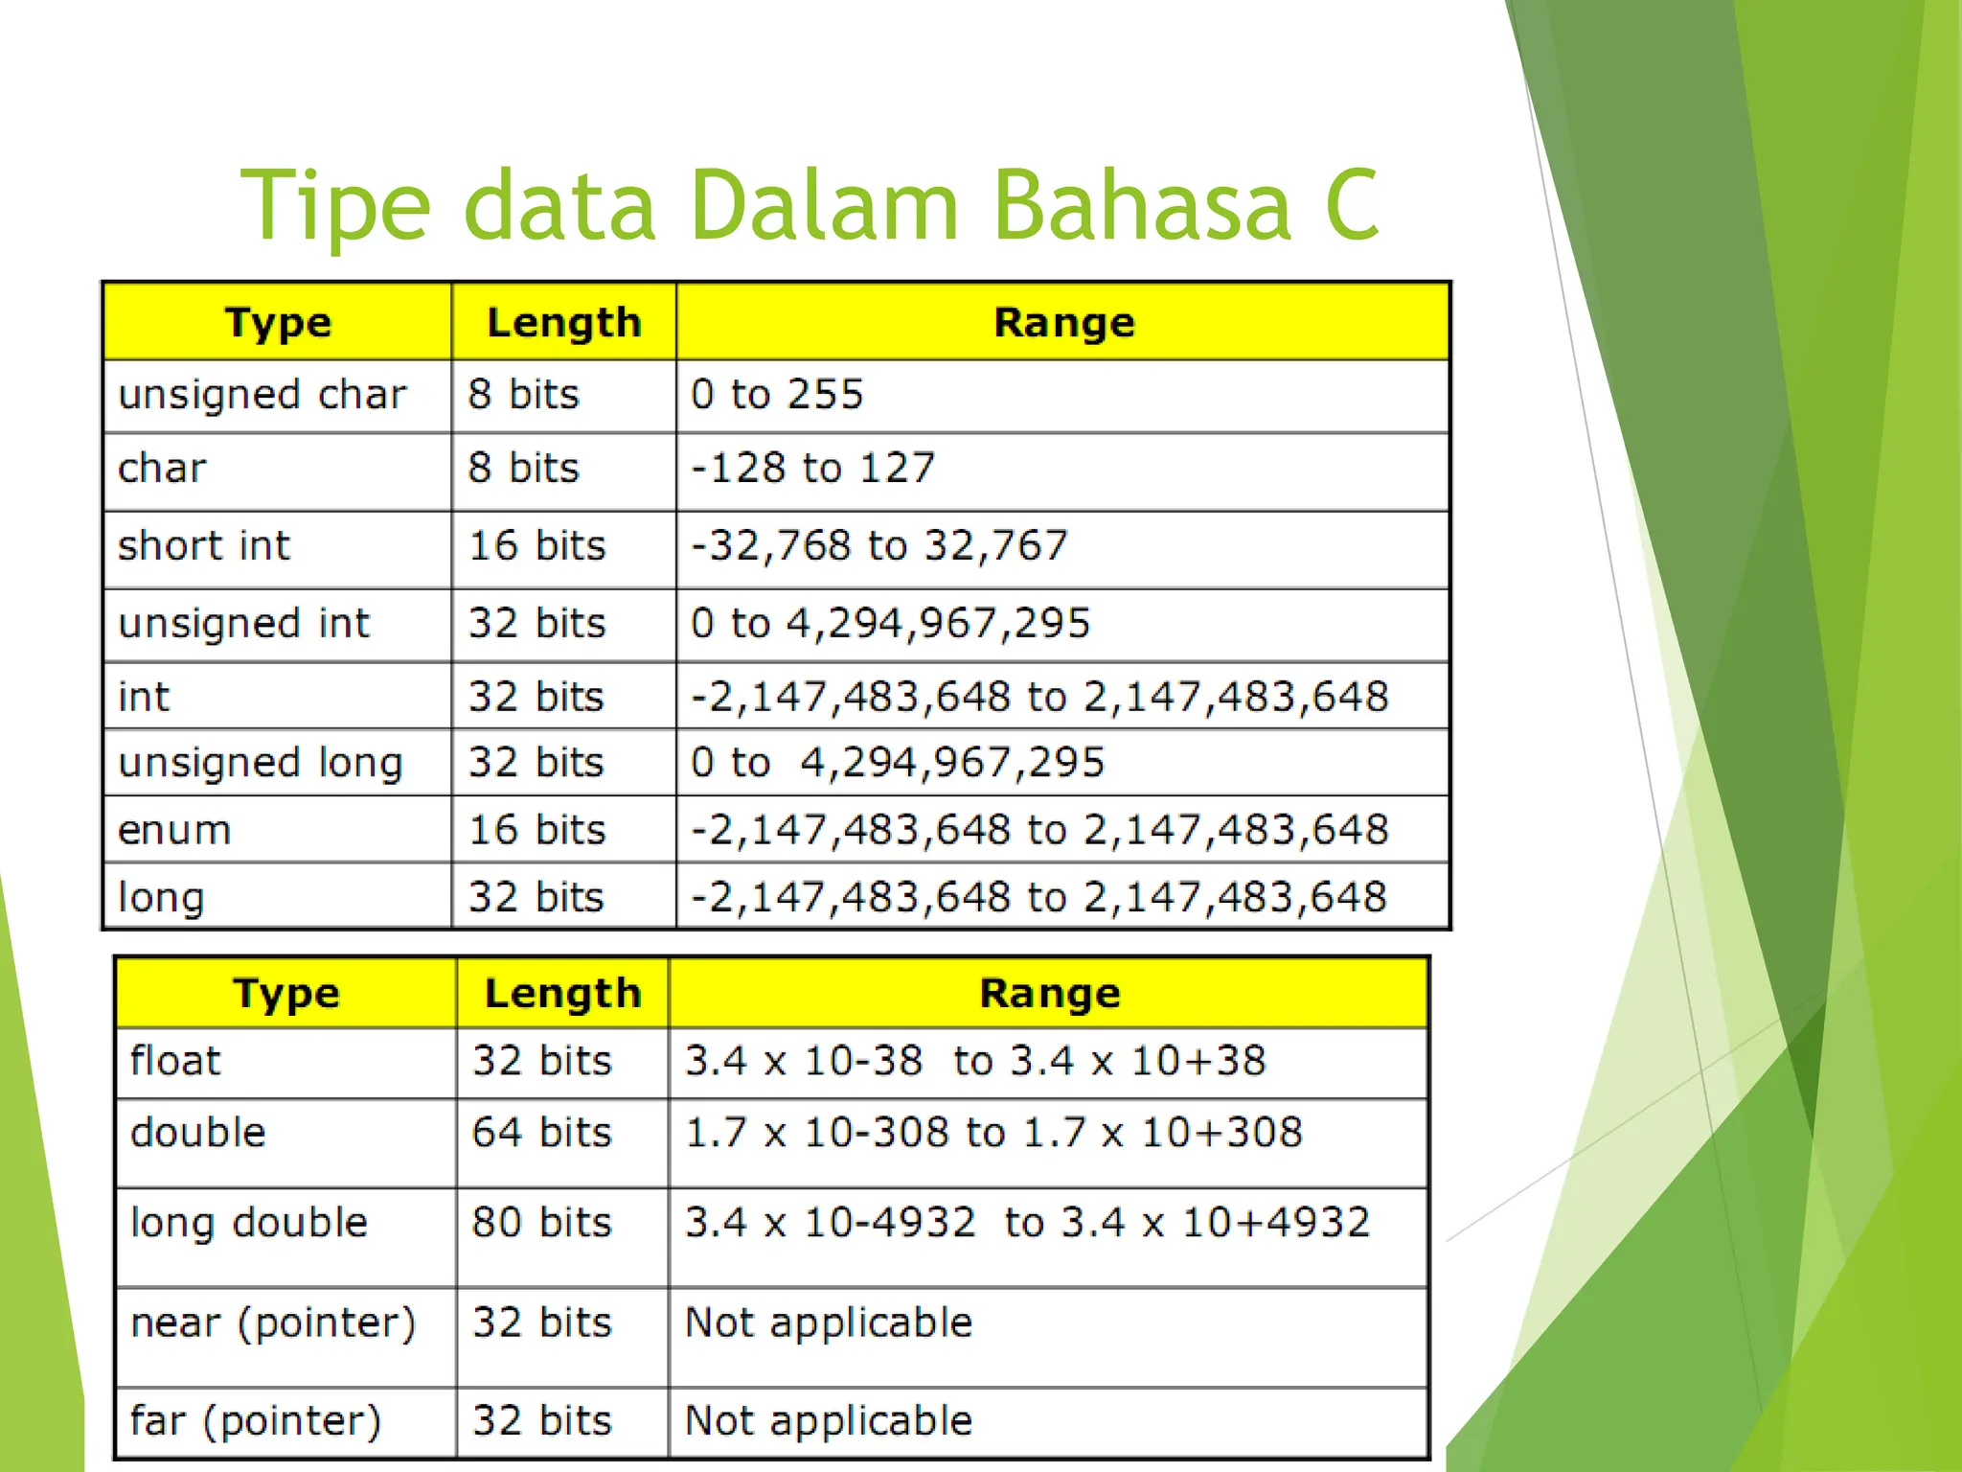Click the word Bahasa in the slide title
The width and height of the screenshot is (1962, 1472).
click(x=1141, y=205)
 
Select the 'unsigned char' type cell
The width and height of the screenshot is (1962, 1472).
click(x=262, y=395)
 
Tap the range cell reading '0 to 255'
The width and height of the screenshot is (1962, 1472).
click(x=777, y=395)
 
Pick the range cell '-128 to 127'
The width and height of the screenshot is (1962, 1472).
click(x=812, y=469)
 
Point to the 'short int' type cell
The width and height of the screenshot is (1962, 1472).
click(x=203, y=546)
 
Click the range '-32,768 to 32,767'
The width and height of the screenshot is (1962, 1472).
click(x=878, y=546)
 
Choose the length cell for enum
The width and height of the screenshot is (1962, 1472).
click(x=536, y=830)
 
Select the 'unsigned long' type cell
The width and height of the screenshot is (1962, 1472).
click(x=260, y=764)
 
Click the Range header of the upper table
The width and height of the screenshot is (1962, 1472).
click(x=1063, y=323)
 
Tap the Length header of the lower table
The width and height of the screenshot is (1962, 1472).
click(x=562, y=994)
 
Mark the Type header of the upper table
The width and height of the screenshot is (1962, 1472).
click(x=278, y=323)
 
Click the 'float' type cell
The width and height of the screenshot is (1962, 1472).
click(x=175, y=1062)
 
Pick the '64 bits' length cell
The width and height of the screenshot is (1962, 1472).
click(x=541, y=1133)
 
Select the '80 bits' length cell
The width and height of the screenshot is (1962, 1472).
click(x=541, y=1223)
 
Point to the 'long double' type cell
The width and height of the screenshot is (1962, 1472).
click(x=248, y=1224)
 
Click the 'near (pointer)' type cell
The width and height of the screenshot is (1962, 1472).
click(x=273, y=1323)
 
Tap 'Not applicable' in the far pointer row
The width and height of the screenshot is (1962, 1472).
click(x=829, y=1421)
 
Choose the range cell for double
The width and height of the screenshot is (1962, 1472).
click(x=993, y=1133)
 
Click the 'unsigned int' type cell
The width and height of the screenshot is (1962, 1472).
click(x=243, y=624)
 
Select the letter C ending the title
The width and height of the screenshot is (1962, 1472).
click(x=1352, y=205)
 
